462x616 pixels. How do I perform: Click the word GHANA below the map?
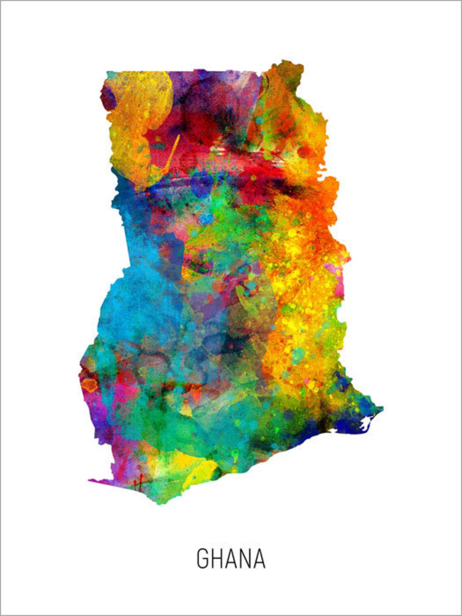click(231, 559)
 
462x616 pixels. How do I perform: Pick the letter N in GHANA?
click(245, 559)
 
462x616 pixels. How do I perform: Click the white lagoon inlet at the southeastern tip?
click(367, 423)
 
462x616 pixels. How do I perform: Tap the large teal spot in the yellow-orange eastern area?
click(298, 355)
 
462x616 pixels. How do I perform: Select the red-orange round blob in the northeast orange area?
click(304, 152)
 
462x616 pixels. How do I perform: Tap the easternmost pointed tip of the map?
click(383, 409)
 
